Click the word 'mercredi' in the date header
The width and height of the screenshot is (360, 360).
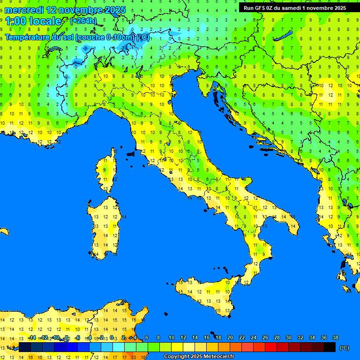click(x=24, y=10)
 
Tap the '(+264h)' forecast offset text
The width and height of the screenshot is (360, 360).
click(x=83, y=21)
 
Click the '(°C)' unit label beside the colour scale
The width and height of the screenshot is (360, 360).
click(x=344, y=348)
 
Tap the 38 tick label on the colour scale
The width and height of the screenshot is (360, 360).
click(x=336, y=338)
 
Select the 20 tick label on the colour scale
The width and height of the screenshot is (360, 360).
click(x=230, y=338)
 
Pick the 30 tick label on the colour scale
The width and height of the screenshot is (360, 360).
click(x=289, y=338)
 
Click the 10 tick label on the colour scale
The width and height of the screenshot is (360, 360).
click(x=172, y=338)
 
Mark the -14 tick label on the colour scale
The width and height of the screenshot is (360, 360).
click(x=32, y=338)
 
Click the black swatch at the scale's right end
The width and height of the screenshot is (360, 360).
click(x=330, y=347)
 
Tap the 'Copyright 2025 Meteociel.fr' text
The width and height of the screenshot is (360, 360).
click(x=199, y=357)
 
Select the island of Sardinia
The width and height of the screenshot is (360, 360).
click(x=106, y=225)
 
